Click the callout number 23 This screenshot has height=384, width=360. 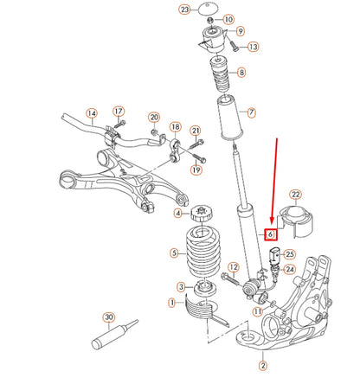(184, 10)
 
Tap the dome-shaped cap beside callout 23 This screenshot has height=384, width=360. (209, 8)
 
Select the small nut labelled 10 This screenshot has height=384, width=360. (211, 20)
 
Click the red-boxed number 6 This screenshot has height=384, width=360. (271, 234)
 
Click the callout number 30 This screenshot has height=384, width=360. (108, 317)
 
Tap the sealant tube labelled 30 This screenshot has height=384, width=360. (114, 335)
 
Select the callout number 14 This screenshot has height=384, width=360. (92, 113)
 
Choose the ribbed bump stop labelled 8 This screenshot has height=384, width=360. (220, 74)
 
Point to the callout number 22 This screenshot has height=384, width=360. (296, 195)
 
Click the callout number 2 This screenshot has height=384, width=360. (263, 366)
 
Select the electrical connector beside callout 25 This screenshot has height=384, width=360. (273, 256)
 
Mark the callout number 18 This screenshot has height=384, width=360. (176, 127)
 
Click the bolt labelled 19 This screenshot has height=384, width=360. (199, 157)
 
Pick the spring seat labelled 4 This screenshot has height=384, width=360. (202, 214)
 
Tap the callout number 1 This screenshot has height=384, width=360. (172, 303)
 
